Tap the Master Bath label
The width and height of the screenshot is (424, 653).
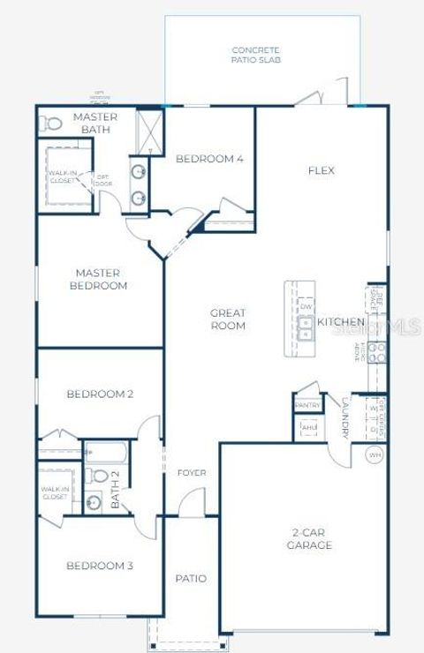[95, 124]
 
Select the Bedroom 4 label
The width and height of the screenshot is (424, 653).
[209, 159]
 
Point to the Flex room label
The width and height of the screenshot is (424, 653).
[322, 170]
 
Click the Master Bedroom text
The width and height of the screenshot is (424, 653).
[101, 280]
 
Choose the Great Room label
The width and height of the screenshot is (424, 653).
[228, 319]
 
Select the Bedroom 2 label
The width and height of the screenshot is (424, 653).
[100, 394]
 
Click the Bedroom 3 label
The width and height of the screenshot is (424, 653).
[100, 566]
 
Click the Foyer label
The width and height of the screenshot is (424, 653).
[192, 473]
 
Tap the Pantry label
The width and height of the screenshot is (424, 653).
[307, 405]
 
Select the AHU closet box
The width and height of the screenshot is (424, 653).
[307, 427]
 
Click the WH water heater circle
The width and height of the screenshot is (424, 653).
[375, 454]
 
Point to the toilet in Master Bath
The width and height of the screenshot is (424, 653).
[52, 123]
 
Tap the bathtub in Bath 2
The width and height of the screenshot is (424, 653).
[107, 454]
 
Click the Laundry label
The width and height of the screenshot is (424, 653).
[344, 417]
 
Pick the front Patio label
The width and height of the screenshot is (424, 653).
[191, 579]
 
